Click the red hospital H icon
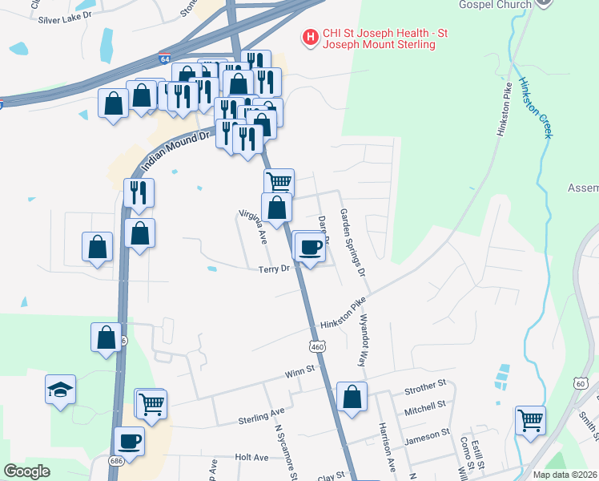point(308,37)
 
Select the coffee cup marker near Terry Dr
point(310,246)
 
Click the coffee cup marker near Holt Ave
point(129,440)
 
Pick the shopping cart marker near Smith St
point(530,418)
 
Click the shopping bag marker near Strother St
point(352,396)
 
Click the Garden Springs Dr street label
point(352,242)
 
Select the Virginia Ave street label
point(252,227)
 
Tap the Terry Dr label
point(273,269)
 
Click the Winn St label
point(300,372)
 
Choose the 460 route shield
point(317,346)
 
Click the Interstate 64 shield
point(164,59)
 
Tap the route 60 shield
point(579,383)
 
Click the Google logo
point(26,471)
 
